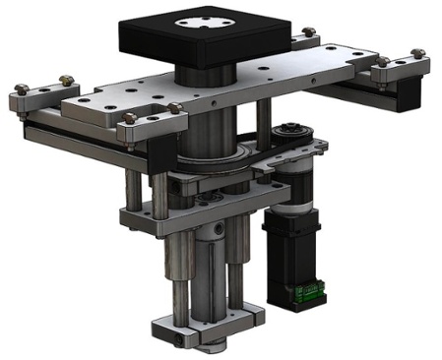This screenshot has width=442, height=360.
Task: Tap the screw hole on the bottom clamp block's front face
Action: (x=177, y=340)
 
